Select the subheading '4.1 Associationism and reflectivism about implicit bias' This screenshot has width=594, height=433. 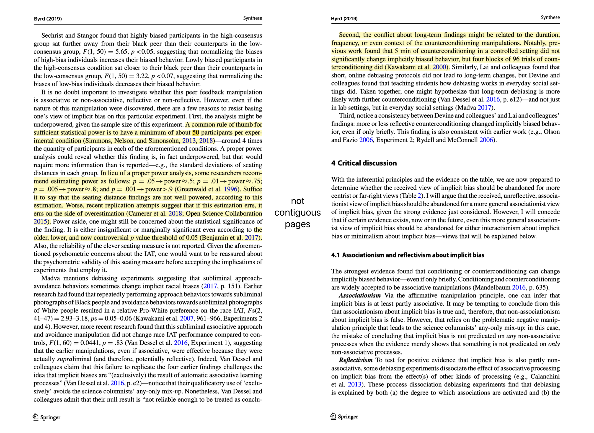[408, 255]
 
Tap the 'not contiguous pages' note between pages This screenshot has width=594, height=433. [297, 212]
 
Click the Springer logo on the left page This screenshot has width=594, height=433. [46, 417]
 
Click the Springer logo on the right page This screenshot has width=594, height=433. [344, 416]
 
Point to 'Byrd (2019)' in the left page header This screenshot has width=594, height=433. [48, 19]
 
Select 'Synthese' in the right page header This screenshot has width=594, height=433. [550, 18]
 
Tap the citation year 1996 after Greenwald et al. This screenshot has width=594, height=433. [230, 189]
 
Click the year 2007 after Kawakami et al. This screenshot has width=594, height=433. [186, 318]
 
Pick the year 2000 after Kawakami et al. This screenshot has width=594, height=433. [439, 67]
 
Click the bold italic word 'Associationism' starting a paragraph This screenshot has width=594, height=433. [360, 295]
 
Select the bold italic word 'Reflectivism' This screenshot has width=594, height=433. [356, 360]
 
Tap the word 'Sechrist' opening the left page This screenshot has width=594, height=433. [52, 35]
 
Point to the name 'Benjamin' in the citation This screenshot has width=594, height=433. [212, 237]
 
